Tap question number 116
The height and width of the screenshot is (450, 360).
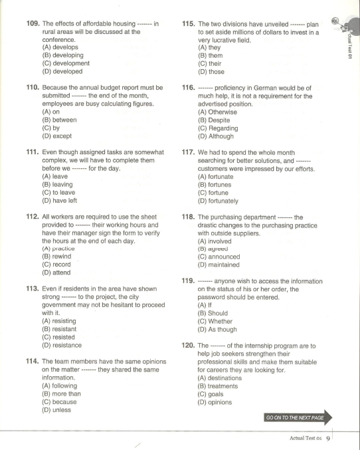(189, 88)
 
